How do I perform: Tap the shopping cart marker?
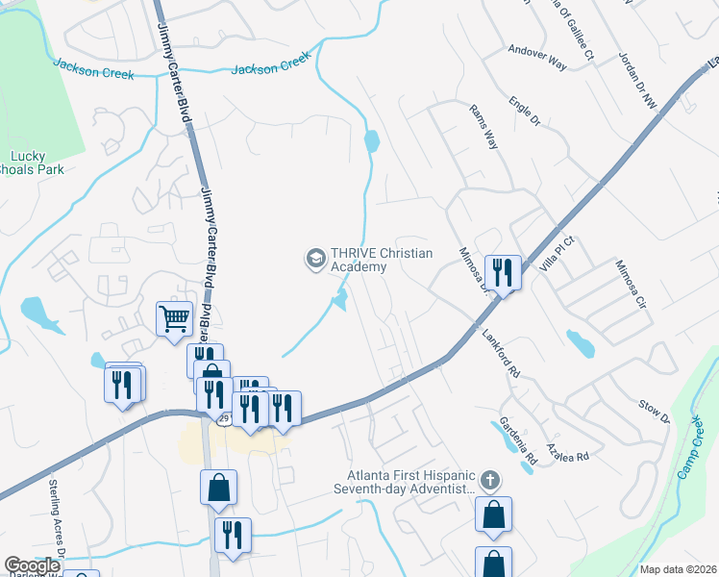click(x=174, y=318)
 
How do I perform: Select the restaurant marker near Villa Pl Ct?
click(x=504, y=272)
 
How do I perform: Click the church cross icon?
click(x=489, y=479)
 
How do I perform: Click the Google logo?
click(x=32, y=565)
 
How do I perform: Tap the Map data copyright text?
click(x=679, y=569)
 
